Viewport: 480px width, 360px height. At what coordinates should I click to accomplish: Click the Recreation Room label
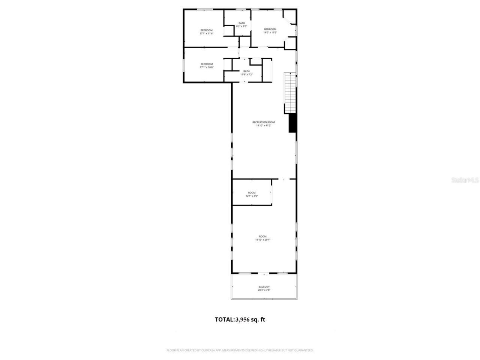coord(264,122)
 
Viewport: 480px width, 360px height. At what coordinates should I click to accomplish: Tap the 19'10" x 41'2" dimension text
coord(264,126)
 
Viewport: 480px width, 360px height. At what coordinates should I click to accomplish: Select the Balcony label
coord(264,287)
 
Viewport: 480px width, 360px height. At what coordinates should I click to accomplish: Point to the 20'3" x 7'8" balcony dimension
coord(264,290)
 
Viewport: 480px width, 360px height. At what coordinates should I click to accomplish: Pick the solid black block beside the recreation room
coord(292,123)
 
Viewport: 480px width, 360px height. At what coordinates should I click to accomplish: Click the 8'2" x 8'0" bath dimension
coord(242,26)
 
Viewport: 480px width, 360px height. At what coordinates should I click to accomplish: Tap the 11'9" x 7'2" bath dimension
coord(246,74)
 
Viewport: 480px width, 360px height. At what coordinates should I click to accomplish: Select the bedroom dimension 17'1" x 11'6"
coord(206,33)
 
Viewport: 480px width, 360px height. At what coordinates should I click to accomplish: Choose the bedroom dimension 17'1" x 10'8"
coord(206,67)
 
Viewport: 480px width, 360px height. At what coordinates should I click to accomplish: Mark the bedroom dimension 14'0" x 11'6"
coord(270,33)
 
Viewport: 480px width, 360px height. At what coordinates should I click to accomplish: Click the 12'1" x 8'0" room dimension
coord(252,196)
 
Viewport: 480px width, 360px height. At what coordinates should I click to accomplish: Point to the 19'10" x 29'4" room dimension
coord(262,240)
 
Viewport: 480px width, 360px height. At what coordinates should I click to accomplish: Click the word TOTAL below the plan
coord(224,319)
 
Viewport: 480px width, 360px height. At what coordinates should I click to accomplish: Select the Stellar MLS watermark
coord(465,180)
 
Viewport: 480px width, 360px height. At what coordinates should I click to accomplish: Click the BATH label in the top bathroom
coord(242,23)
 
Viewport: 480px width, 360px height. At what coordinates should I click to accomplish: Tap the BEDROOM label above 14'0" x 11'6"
coord(270,29)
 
